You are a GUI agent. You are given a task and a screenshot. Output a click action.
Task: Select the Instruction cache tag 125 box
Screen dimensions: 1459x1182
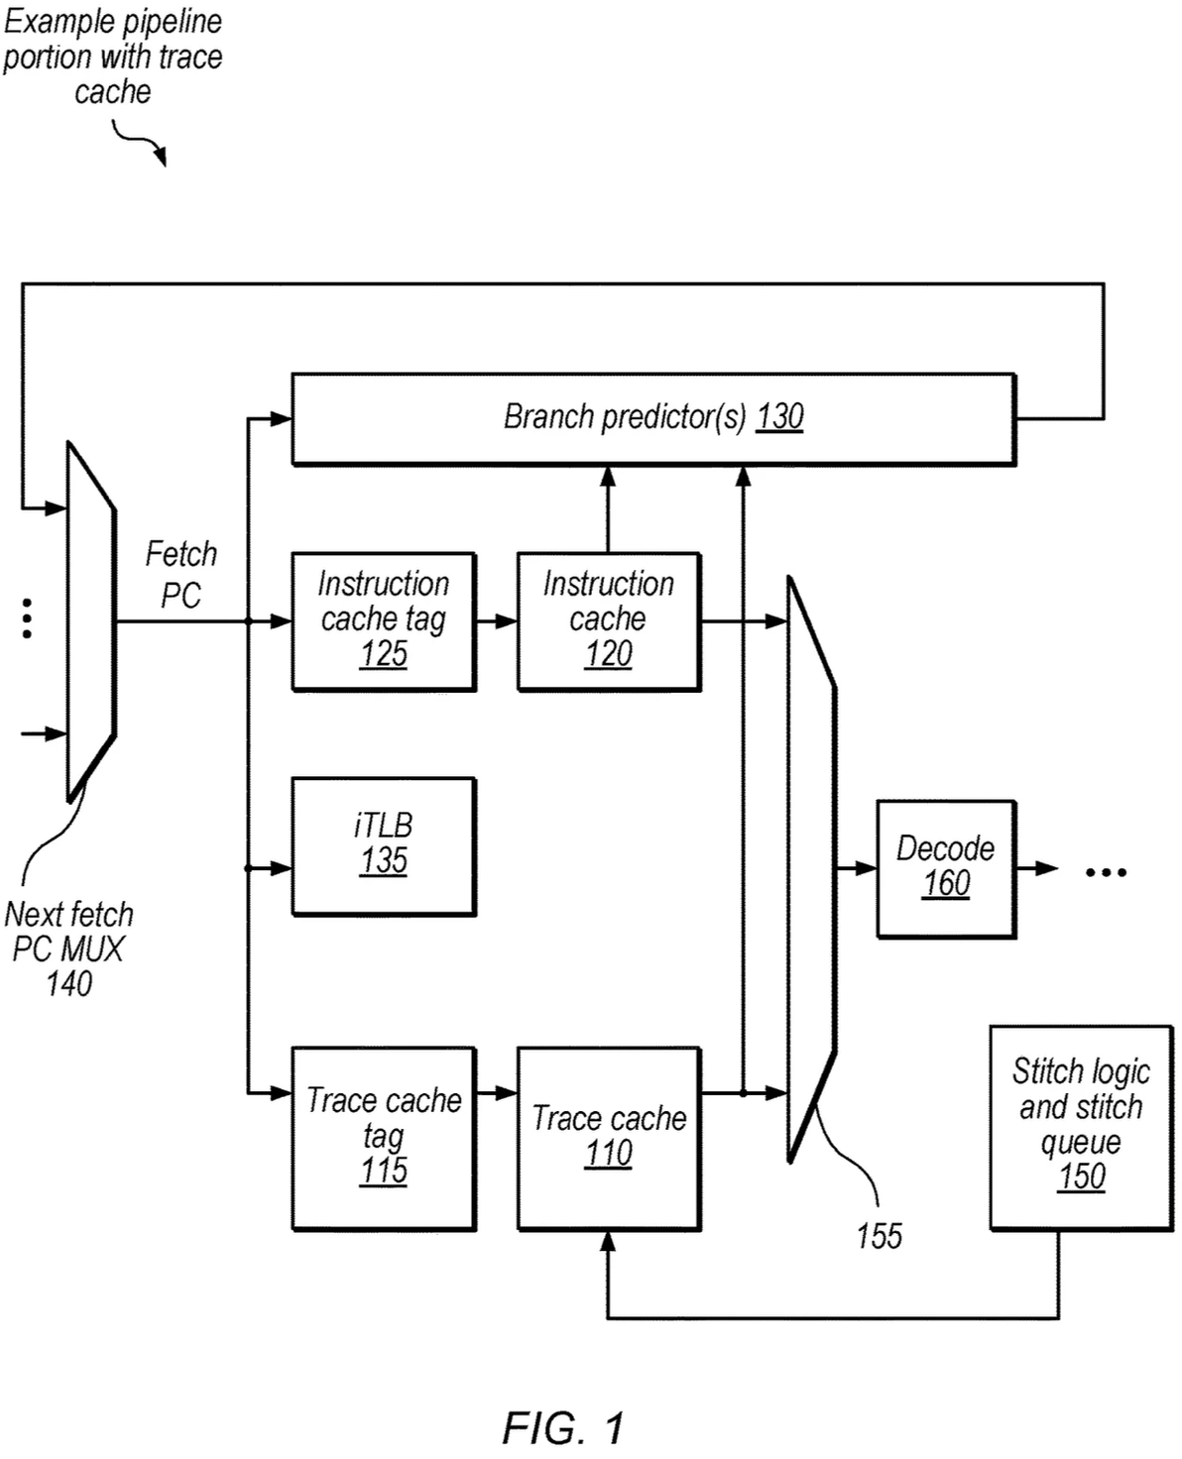[384, 621]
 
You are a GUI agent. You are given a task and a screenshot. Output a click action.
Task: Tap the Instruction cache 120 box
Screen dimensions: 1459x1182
[609, 621]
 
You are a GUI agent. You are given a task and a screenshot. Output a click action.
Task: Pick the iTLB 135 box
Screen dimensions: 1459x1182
[384, 845]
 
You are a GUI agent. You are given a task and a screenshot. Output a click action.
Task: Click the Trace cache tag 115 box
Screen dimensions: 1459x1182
[384, 1138]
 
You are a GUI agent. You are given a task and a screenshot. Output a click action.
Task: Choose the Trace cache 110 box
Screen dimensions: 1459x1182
[609, 1138]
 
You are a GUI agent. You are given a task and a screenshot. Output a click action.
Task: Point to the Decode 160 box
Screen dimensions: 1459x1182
[946, 868]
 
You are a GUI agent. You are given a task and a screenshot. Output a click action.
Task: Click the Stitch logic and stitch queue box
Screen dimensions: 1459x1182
[1081, 1127]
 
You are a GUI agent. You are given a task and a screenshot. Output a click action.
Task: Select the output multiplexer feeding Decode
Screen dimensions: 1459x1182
[811, 868]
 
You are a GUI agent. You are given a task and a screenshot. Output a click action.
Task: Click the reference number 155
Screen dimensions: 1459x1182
[879, 1236]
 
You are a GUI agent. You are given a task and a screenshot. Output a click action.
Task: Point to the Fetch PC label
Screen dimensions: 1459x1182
[180, 574]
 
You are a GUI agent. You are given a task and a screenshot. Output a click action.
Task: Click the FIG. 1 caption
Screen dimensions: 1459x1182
[563, 1427]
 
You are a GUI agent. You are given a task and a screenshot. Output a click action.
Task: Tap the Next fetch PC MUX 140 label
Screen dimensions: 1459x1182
[68, 949]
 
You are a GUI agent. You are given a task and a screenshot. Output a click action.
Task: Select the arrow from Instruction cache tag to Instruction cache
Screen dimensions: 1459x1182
[497, 621]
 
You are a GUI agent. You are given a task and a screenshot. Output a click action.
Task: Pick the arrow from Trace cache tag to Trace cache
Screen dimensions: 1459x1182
[497, 1092]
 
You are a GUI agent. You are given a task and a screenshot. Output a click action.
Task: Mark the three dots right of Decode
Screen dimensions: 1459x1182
[1106, 872]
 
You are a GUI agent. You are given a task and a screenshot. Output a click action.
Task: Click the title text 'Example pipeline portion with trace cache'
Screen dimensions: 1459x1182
[112, 56]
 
